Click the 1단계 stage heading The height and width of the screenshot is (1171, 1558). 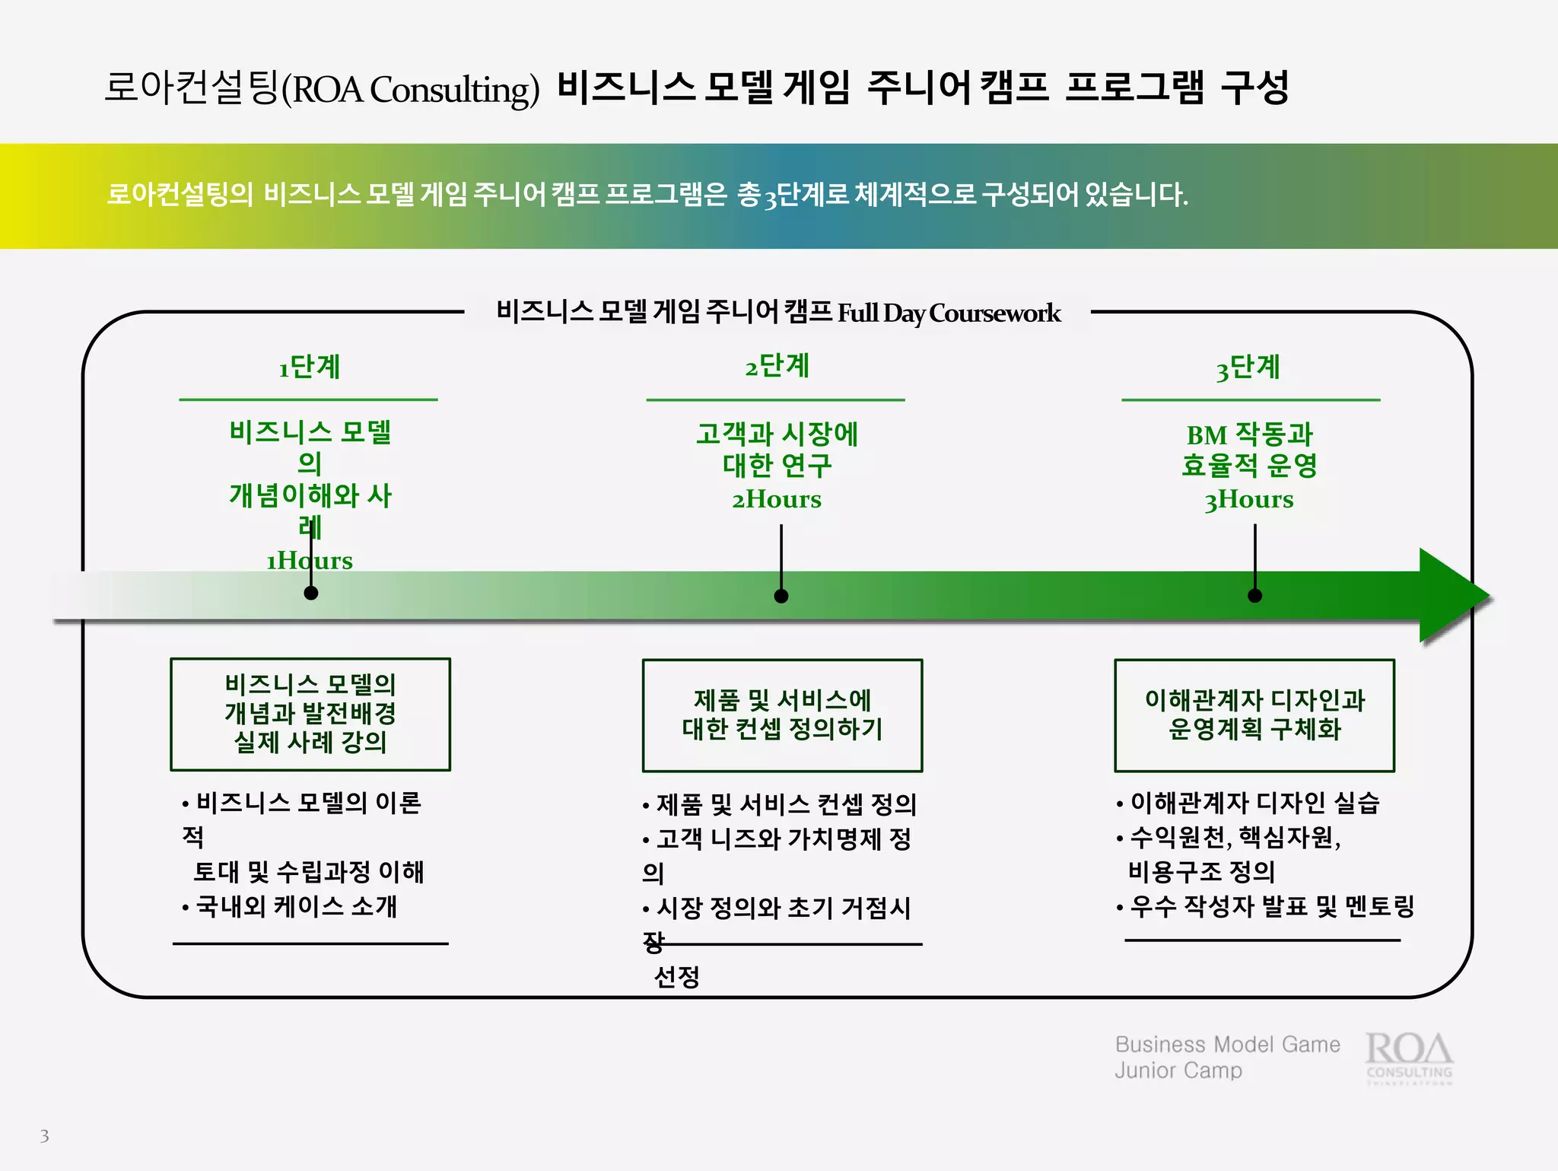point(309,367)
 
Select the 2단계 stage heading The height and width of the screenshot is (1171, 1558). point(777,366)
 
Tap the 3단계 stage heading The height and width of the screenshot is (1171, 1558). point(1248,368)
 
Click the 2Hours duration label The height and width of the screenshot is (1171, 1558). point(777,499)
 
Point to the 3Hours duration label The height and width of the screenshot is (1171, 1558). point(1248,499)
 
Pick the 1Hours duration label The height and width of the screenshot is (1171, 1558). point(309,561)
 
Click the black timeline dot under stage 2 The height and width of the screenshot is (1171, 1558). point(781,596)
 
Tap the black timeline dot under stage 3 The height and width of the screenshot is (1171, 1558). point(1255,595)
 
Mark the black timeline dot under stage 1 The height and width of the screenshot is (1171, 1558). point(311,593)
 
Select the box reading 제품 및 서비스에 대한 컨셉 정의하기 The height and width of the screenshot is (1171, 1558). point(782,714)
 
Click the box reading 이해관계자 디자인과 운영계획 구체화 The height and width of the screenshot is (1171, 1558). point(1254,714)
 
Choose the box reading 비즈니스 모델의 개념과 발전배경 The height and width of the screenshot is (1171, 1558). point(310,714)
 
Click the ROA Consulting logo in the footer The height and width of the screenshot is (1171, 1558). point(1409,1056)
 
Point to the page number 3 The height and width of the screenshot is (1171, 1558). point(44,1136)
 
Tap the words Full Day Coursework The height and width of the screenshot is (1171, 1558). point(949,313)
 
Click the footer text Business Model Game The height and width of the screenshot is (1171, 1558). point(1227,1045)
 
